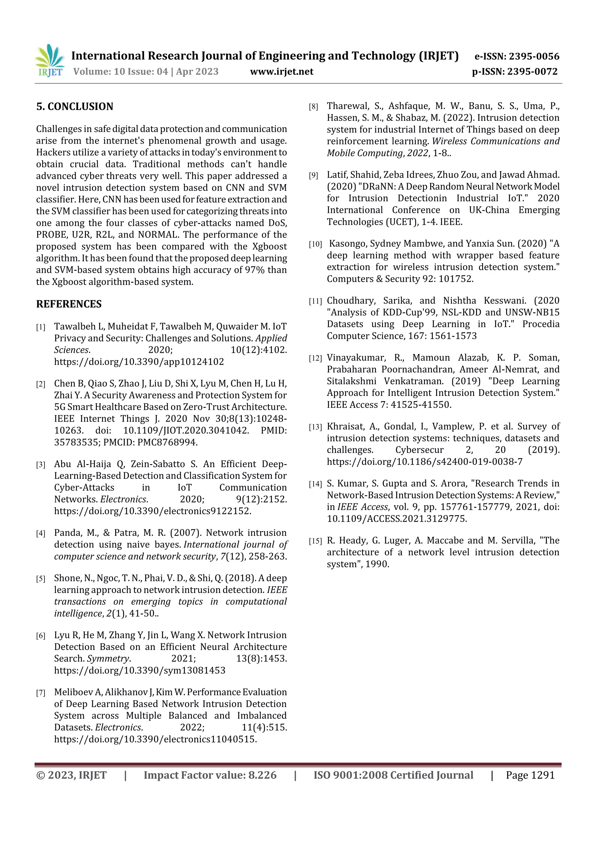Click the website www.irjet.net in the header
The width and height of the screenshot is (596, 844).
[282, 71]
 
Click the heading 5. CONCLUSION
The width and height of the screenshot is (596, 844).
[74, 107]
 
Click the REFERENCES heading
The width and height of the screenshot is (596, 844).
[69, 304]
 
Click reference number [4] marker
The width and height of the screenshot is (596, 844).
[40, 533]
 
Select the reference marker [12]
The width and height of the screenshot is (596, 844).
[315, 358]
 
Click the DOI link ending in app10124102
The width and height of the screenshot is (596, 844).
[139, 362]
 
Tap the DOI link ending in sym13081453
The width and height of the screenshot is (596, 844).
[140, 670]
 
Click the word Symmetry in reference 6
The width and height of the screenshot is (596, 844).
[108, 658]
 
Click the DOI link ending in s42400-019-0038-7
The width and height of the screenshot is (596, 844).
[425, 461]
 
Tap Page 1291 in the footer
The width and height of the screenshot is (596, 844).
[530, 775]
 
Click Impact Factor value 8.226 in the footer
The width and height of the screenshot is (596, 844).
[210, 775]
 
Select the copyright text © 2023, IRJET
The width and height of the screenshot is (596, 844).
[72, 775]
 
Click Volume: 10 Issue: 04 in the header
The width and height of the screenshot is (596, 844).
[120, 71]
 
